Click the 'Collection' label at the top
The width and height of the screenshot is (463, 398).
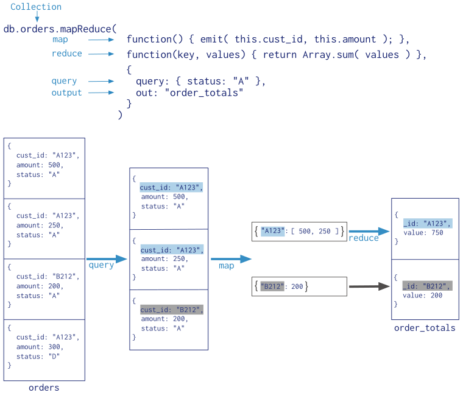click(36, 7)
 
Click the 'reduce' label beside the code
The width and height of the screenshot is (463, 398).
click(66, 54)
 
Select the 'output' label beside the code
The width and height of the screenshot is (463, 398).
click(66, 93)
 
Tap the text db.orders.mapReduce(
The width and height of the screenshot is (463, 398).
click(60, 28)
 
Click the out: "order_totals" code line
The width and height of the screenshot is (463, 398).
click(189, 93)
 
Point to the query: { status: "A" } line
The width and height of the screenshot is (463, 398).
click(200, 81)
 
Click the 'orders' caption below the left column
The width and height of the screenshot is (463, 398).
click(44, 388)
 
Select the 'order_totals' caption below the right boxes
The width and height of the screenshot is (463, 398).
click(424, 328)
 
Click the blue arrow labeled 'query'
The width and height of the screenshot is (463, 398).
click(106, 259)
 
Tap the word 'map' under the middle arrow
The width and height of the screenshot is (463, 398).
click(226, 266)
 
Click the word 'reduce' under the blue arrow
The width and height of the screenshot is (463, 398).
click(364, 238)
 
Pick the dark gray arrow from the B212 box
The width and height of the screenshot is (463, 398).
click(369, 286)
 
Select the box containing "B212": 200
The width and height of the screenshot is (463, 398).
click(299, 286)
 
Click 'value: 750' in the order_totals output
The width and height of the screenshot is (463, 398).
click(422, 233)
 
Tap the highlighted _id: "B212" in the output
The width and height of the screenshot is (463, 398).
click(426, 285)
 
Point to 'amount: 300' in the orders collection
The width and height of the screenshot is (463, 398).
click(40, 347)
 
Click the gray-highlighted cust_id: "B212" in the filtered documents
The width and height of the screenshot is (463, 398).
click(171, 309)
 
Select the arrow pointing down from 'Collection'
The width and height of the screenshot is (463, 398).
click(37, 18)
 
